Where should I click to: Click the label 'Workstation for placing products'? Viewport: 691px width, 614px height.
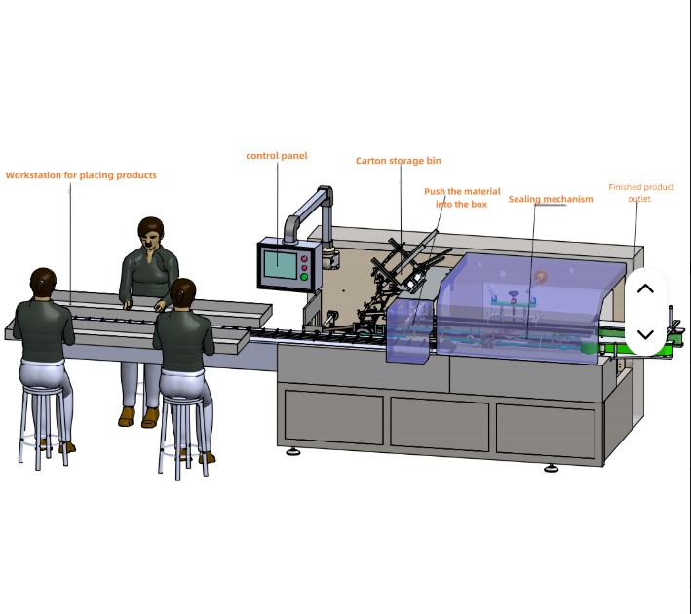pos(81,175)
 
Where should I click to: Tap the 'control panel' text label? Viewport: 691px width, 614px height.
pos(277,156)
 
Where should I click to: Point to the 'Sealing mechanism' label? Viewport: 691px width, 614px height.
pos(551,200)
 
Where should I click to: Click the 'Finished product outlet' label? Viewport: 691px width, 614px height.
pos(640,193)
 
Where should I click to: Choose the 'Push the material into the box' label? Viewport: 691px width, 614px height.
pos(462,198)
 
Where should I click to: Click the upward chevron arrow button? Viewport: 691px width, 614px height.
pos(645,289)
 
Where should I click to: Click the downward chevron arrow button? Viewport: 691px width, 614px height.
pos(645,334)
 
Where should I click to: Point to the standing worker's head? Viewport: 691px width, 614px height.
pos(150,232)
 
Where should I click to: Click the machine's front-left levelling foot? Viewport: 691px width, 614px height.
pos(292,451)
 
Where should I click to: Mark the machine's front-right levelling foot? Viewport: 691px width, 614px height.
pos(552,467)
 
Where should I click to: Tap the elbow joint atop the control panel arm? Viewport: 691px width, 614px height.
pos(326,193)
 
